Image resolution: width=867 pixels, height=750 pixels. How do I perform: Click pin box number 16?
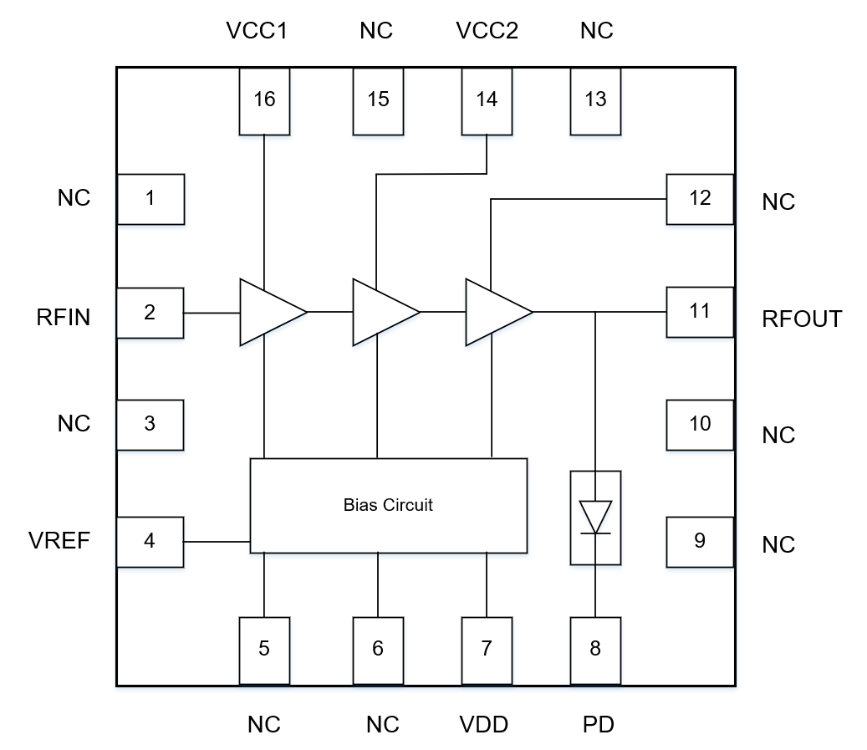pyautogui.click(x=264, y=100)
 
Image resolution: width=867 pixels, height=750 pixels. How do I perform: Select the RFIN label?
pyautogui.click(x=63, y=318)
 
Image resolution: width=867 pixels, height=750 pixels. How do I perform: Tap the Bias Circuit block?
pyautogui.click(x=389, y=505)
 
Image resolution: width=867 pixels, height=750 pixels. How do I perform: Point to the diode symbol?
pyautogui.click(x=595, y=517)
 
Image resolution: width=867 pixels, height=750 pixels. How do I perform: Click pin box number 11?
pyautogui.click(x=700, y=312)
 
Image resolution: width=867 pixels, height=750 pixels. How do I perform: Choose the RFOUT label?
pyautogui.click(x=802, y=319)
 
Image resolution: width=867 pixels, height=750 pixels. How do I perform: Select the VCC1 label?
pyautogui.click(x=258, y=31)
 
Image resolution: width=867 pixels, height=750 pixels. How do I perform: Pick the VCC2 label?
pyautogui.click(x=487, y=31)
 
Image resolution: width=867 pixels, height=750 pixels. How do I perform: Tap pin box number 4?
pyautogui.click(x=150, y=541)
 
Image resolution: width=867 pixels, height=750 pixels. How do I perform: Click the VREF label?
pyautogui.click(x=59, y=540)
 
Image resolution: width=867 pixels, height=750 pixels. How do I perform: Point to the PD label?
pyautogui.click(x=598, y=724)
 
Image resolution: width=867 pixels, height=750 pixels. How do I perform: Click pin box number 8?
pyautogui.click(x=595, y=650)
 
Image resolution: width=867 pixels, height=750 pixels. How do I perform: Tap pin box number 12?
pyautogui.click(x=700, y=199)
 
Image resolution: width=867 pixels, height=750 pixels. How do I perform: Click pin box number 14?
pyautogui.click(x=487, y=100)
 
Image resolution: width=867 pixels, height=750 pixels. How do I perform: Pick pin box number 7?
pyautogui.click(x=487, y=650)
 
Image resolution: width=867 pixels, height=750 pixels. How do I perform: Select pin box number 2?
pyautogui.click(x=150, y=313)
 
